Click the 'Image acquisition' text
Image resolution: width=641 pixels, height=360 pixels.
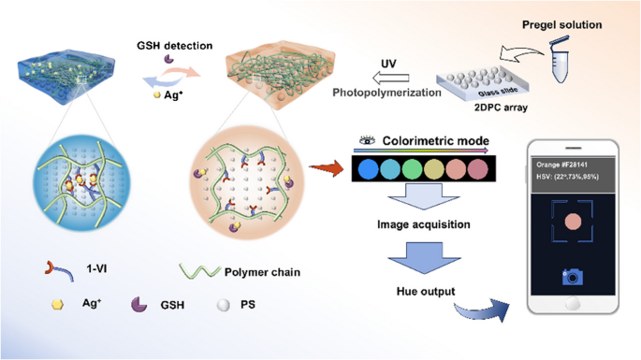coord(424,225)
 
